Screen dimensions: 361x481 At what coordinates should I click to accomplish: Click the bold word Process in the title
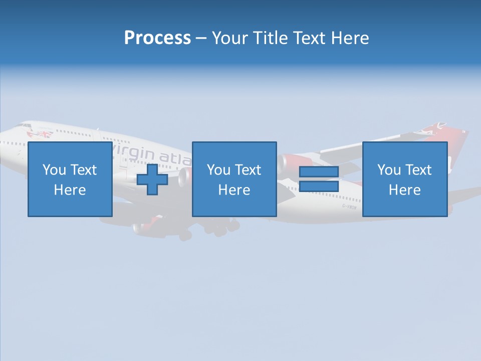157,38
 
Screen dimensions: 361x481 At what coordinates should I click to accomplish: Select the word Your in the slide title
230,38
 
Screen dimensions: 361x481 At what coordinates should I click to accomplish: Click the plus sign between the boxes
152,179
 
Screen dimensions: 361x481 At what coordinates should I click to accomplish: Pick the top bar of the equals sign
319,172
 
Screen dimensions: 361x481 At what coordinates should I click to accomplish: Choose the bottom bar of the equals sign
319,186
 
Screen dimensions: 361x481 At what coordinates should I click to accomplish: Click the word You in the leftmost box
54,169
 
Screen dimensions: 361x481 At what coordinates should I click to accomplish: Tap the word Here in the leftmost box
70,190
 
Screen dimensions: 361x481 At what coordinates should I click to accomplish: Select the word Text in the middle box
248,169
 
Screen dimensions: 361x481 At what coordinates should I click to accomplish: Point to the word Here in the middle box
234,190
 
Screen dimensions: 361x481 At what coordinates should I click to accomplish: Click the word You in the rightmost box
389,169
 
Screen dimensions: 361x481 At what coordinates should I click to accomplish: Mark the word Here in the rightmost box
404,190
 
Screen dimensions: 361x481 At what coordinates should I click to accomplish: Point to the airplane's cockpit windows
23,125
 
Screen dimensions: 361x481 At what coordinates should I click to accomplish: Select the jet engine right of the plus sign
184,176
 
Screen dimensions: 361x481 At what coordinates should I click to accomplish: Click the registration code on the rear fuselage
349,206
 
